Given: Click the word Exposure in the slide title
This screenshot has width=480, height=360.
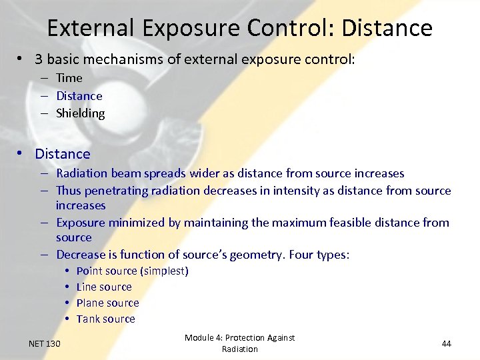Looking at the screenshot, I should coord(191,28).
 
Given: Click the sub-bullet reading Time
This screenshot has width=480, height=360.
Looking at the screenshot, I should coord(69,78).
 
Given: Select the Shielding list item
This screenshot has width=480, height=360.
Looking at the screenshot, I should coord(80,113).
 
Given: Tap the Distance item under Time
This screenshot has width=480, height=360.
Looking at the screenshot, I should coord(79,96).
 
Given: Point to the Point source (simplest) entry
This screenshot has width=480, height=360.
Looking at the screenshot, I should coord(133,271).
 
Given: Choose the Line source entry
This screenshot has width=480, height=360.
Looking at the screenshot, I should coord(104,287).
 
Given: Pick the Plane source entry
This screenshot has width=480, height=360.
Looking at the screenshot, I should coord(107,303).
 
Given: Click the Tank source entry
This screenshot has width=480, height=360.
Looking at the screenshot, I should coord(105,319).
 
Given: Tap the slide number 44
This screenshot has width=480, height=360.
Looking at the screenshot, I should coord(446,343).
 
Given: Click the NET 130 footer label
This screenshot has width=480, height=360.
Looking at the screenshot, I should coord(45,343).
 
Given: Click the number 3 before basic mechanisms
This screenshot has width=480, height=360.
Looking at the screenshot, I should coord(39,59).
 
